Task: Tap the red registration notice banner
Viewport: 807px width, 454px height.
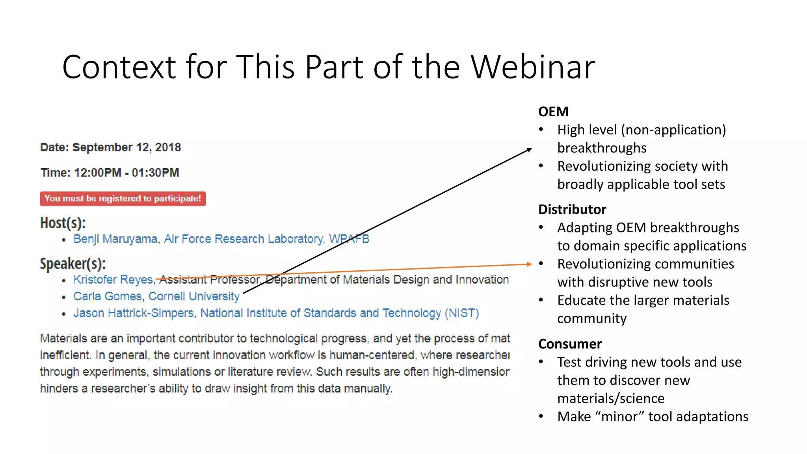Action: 123,199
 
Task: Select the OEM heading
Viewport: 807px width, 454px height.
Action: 553,112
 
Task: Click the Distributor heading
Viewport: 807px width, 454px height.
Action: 572,209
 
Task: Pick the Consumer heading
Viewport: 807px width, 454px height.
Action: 570,344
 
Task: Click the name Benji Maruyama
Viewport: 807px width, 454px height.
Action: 115,239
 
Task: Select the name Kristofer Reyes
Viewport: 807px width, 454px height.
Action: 113,279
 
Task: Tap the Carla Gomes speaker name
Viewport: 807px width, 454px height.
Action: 107,296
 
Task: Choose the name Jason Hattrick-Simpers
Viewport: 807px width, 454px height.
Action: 134,313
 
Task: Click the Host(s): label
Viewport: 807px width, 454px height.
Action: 63,223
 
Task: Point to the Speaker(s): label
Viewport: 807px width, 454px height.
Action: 73,264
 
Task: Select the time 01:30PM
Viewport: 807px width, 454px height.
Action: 155,173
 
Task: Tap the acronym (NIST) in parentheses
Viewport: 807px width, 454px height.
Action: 461,313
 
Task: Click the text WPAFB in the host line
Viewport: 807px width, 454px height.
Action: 349,239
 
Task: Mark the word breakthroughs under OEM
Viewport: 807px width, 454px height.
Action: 602,148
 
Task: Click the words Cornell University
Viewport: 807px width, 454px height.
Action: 194,296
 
